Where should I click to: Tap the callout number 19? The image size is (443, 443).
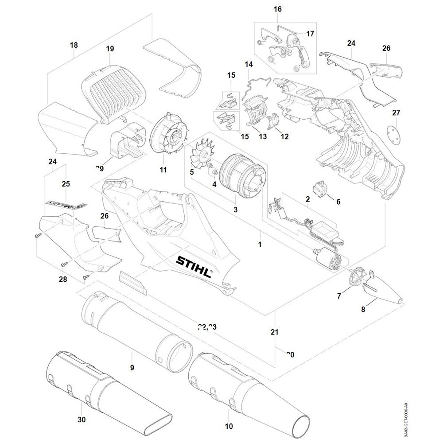[110, 49]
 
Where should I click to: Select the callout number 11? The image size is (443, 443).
[163, 170]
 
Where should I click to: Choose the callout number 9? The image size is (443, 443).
[132, 368]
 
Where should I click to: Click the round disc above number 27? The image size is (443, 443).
[392, 133]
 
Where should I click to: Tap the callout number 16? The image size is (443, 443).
[278, 9]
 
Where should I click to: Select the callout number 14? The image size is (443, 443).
[249, 65]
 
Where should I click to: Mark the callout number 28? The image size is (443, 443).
[63, 279]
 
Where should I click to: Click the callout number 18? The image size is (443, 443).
[74, 45]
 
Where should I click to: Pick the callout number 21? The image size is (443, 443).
[274, 332]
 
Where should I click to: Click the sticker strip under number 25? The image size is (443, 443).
[67, 204]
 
